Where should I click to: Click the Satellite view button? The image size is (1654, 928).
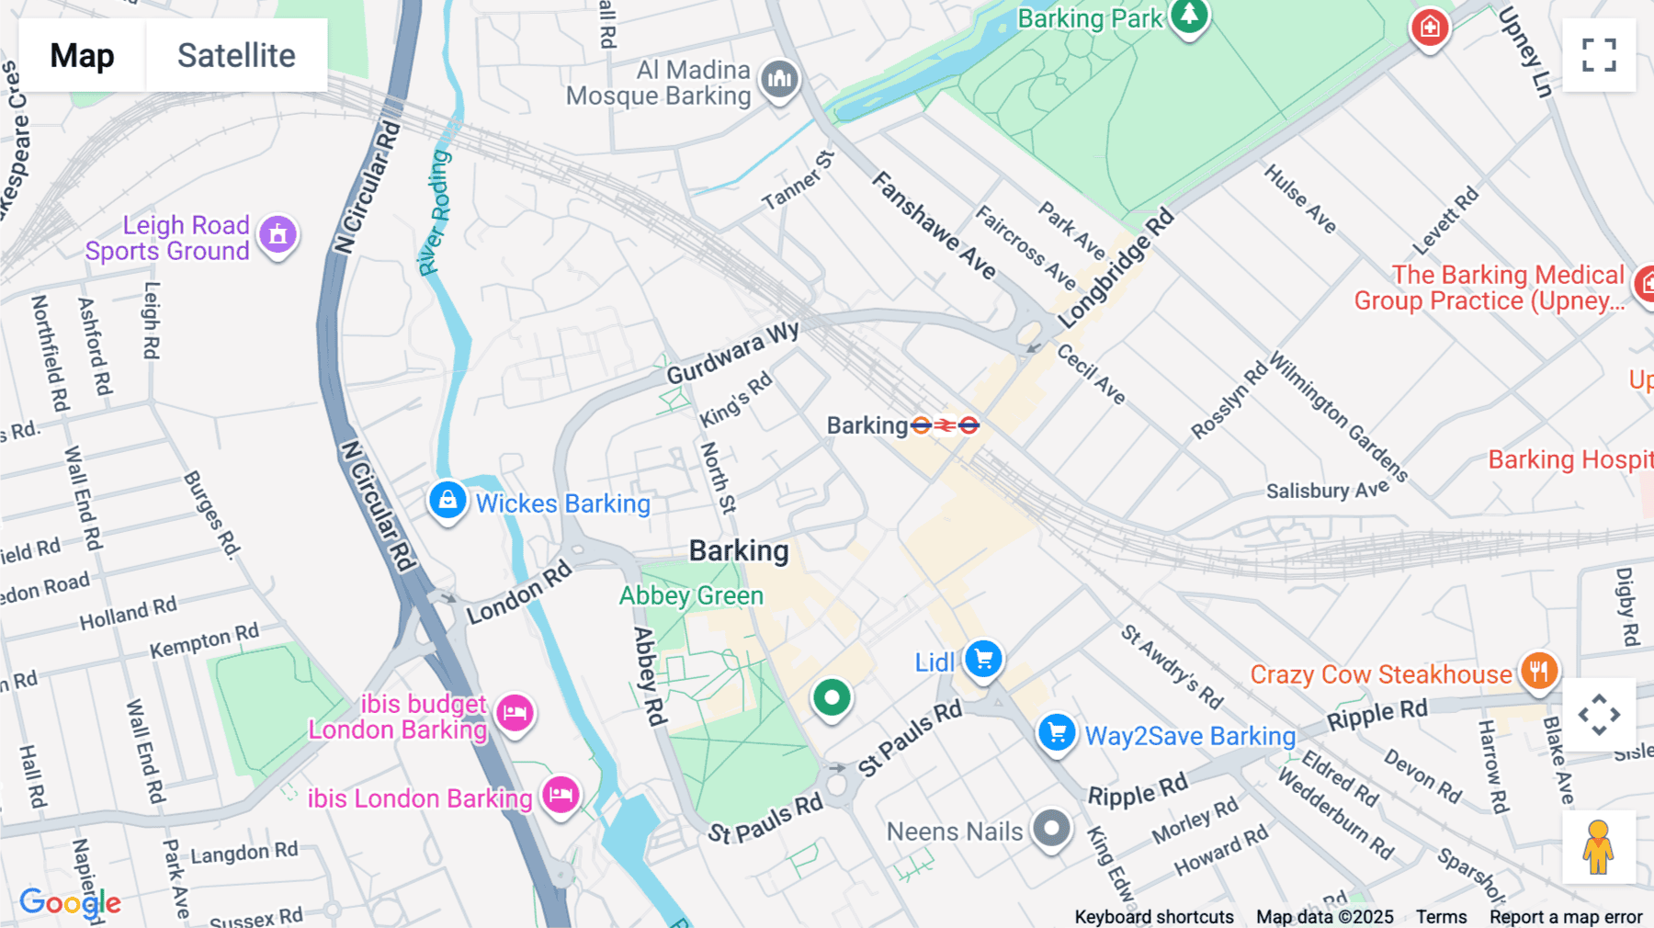(x=236, y=55)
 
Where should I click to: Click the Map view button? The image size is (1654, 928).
(x=82, y=55)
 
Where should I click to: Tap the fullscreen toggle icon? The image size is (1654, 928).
(x=1599, y=55)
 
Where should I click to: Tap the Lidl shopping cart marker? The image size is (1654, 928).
(x=983, y=659)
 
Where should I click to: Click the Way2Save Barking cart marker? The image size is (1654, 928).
(x=1057, y=733)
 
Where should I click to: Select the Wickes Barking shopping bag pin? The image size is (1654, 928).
(x=447, y=501)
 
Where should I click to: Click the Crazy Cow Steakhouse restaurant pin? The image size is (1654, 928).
(x=1538, y=671)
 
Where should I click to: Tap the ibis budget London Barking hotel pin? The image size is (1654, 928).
(x=515, y=712)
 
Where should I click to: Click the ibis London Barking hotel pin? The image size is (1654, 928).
(x=561, y=794)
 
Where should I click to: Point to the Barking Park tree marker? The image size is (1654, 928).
(x=1189, y=16)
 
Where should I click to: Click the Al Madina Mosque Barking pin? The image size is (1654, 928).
(x=780, y=80)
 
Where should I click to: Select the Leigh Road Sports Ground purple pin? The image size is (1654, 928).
(x=278, y=235)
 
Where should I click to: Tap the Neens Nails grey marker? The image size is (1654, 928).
(x=1051, y=829)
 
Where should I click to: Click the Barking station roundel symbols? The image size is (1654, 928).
(x=945, y=425)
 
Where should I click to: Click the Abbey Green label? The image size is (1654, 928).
(x=691, y=595)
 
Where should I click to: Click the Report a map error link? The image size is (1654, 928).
(x=1565, y=916)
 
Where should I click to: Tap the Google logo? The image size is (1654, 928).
(x=70, y=902)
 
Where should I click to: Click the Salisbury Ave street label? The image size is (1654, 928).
(x=1327, y=491)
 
